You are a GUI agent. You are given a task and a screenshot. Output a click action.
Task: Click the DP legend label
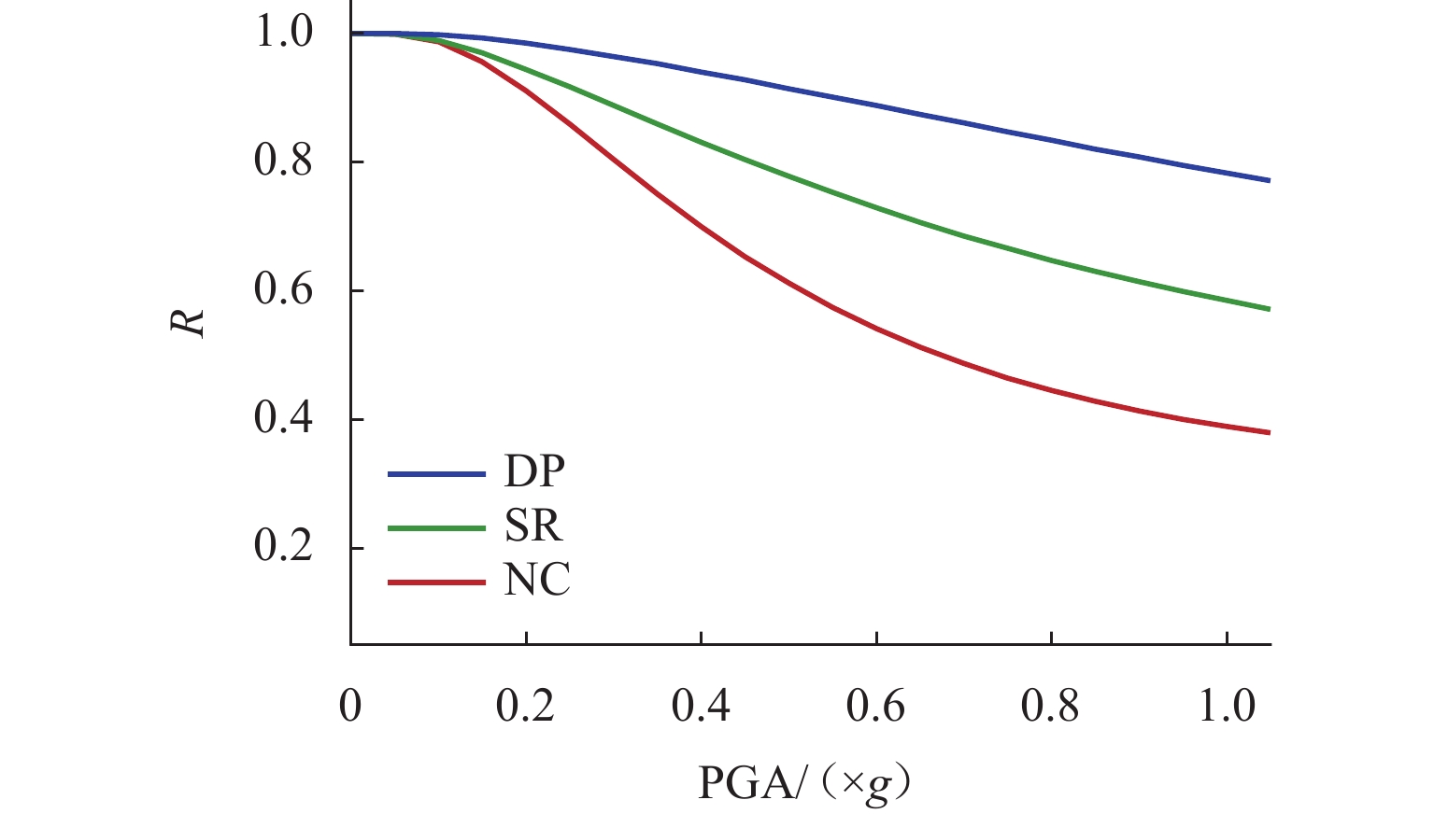point(534,473)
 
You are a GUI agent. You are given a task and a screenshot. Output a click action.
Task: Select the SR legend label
point(533,527)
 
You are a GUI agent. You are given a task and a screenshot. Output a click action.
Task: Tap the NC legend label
point(537,582)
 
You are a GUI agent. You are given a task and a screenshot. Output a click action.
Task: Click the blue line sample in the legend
point(436,474)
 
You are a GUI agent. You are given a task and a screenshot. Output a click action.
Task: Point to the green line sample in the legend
point(436,528)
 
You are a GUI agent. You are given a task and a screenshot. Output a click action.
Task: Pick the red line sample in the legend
point(436,582)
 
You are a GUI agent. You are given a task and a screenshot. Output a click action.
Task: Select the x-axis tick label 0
point(350,707)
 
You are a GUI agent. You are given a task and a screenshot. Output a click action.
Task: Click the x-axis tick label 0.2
point(526,707)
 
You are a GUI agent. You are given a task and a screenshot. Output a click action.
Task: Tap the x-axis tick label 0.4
point(701,707)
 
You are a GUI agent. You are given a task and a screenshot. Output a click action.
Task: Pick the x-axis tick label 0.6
point(876,707)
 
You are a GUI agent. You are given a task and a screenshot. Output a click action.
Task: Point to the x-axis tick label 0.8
point(1051,707)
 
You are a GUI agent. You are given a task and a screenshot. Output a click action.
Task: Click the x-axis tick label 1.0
point(1227,707)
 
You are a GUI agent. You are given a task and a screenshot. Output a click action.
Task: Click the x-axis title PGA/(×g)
point(803,784)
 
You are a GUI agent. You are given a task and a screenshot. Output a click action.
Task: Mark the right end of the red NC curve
point(1270,432)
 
